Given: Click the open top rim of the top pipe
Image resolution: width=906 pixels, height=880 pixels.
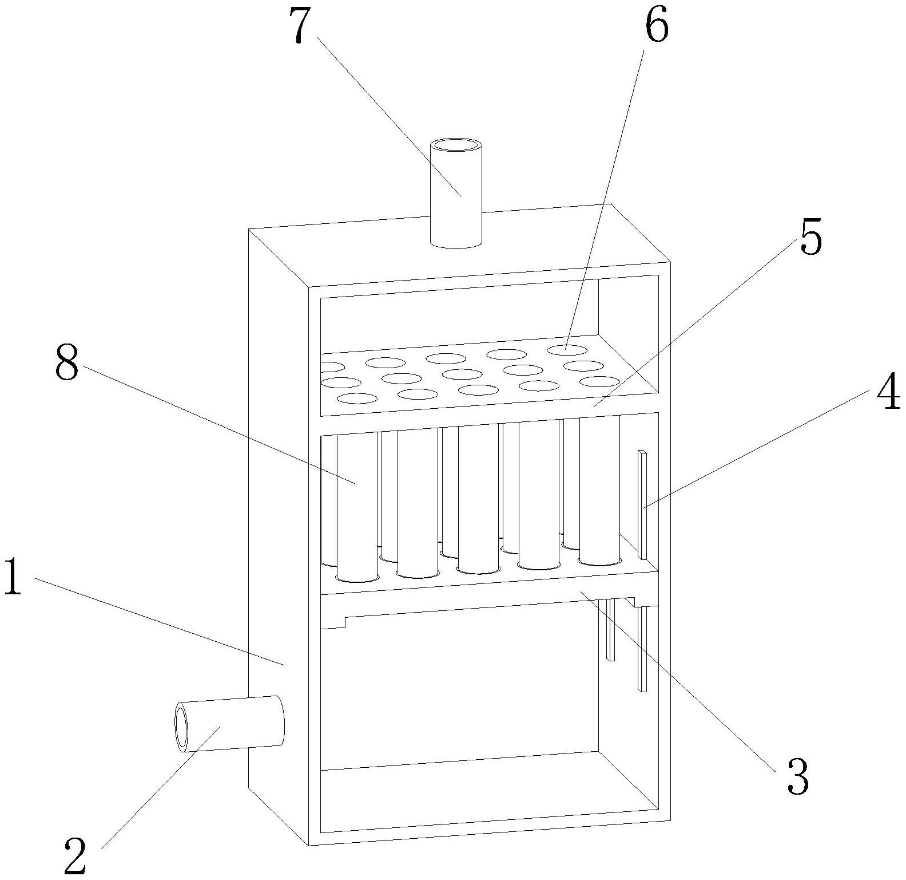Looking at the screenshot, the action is pos(455,144).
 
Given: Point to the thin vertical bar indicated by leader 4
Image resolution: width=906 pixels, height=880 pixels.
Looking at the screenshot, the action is pos(643,504).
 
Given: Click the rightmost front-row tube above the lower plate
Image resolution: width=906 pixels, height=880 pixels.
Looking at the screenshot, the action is pos(599,490).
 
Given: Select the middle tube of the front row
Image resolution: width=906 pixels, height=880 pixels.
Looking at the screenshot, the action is pos(479,499).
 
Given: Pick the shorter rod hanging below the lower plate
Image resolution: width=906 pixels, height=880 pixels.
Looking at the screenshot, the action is pos(611,630).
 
